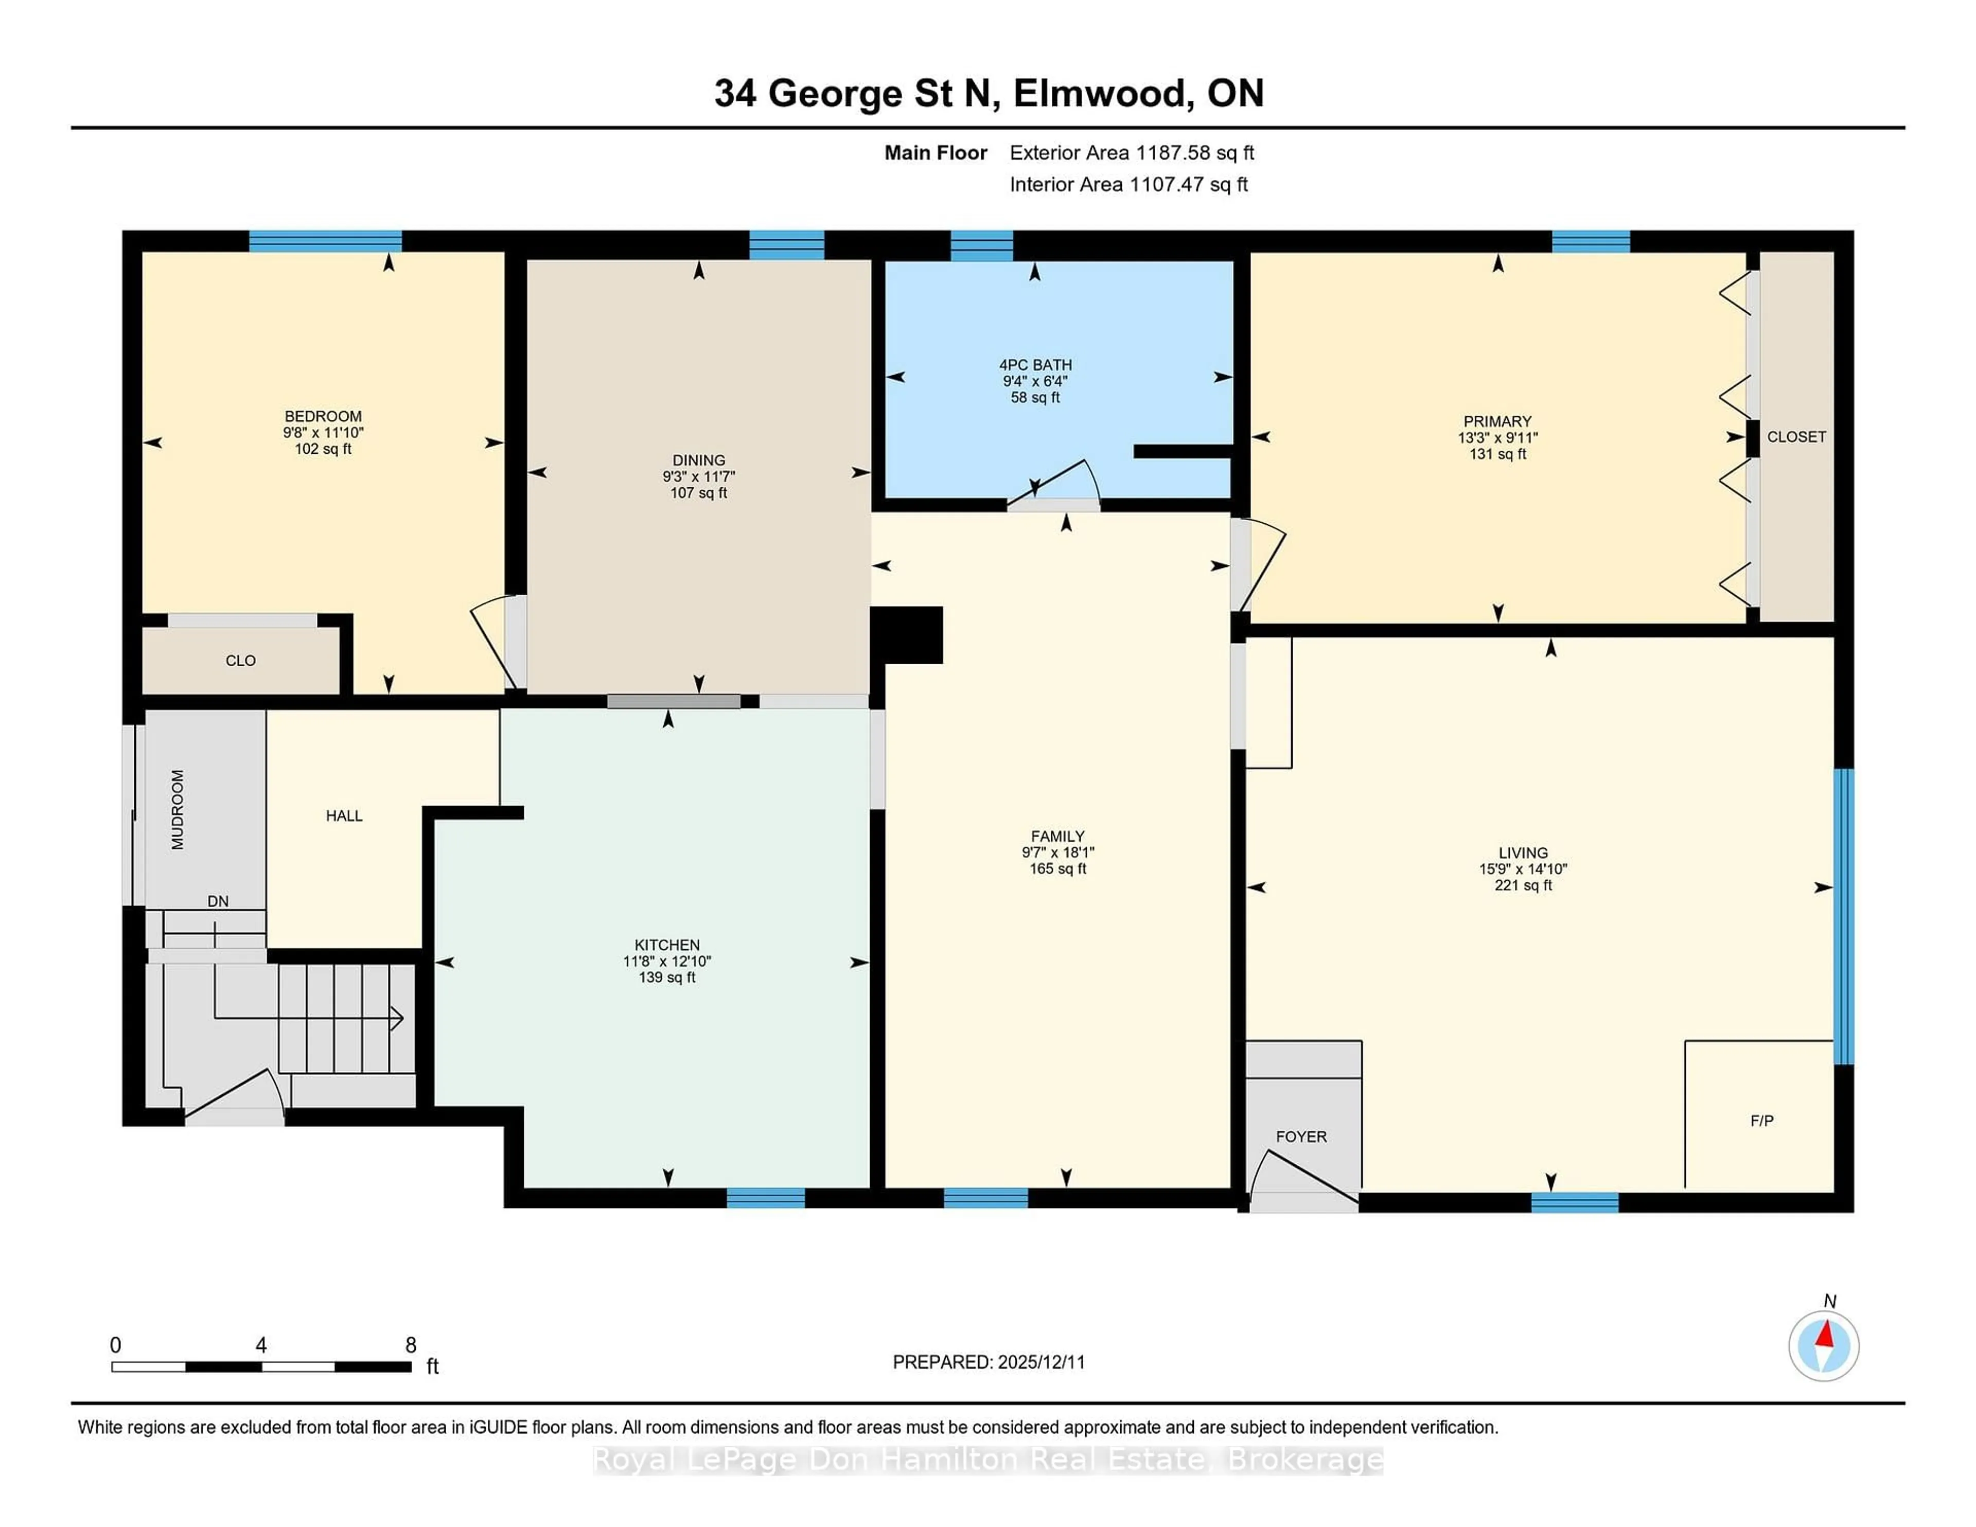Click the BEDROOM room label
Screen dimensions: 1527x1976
tap(323, 416)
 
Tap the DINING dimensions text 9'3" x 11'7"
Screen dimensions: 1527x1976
tap(698, 477)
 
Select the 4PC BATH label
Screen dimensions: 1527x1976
tap(1035, 365)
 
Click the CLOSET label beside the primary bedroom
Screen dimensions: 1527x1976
tap(1796, 437)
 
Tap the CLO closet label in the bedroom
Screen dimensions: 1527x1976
tap(241, 661)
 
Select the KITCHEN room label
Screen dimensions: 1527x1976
tap(667, 945)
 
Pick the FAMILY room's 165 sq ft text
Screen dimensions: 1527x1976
tap(1057, 868)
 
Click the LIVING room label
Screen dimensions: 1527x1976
tap(1523, 852)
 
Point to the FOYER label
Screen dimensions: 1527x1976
tap(1301, 1136)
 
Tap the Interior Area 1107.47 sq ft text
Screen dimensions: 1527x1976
tap(1128, 185)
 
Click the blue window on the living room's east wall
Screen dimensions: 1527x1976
tap(1843, 915)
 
